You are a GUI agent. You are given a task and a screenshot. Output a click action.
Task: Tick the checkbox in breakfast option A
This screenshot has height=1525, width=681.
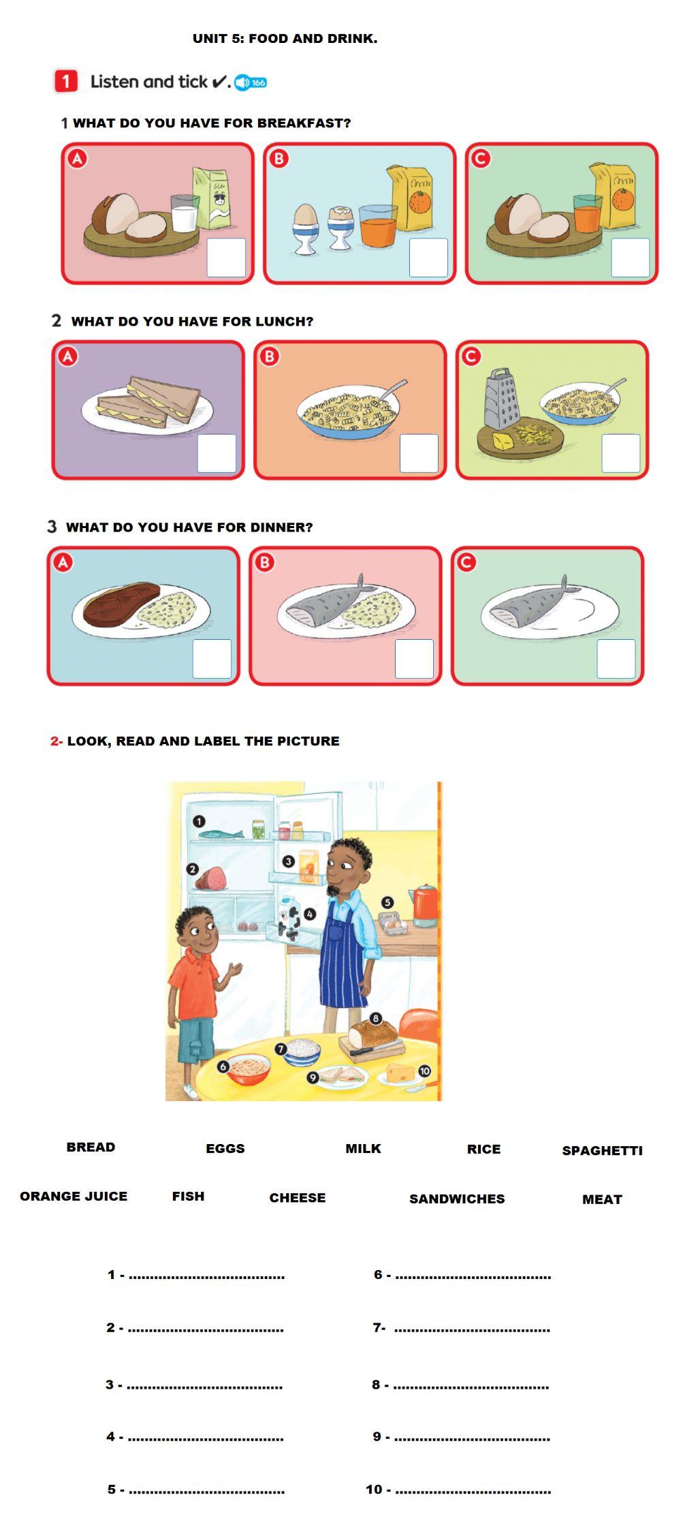(226, 258)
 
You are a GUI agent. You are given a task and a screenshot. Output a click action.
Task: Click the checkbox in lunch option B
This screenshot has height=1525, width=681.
(419, 453)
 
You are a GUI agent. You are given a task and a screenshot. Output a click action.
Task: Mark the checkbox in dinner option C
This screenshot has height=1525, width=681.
(616, 659)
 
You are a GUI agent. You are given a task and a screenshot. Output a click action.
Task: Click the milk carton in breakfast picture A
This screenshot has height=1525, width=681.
(212, 198)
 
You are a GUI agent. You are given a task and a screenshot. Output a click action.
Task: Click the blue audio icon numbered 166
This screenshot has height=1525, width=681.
(251, 82)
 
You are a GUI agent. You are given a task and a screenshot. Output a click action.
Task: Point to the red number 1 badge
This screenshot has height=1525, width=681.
(65, 82)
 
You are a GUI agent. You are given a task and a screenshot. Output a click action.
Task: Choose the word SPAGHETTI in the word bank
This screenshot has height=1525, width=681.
(602, 1150)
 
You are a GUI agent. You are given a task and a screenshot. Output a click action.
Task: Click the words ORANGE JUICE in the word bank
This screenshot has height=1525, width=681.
(74, 1196)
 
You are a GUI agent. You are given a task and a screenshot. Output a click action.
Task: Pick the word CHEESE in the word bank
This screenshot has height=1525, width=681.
(297, 1197)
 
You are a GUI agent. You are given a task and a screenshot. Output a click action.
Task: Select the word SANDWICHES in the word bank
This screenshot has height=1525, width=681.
(457, 1199)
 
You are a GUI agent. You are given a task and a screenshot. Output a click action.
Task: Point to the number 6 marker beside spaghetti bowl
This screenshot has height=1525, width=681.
(223, 1066)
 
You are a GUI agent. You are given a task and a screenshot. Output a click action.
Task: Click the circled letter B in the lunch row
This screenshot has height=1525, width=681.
(270, 356)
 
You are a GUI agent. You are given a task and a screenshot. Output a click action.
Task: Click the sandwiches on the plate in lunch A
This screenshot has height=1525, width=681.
(148, 402)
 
